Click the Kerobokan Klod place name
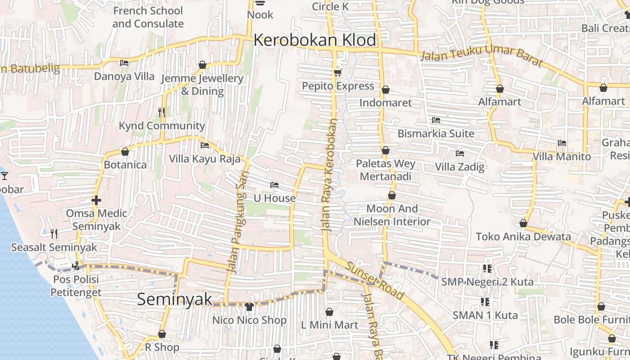pyautogui.click(x=315, y=40)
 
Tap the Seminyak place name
pyautogui.click(x=174, y=299)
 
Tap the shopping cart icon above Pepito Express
pyautogui.click(x=337, y=72)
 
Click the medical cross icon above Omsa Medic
pyautogui.click(x=96, y=200)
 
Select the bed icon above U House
pyautogui.click(x=274, y=185)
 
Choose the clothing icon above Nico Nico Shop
pyautogui.click(x=249, y=307)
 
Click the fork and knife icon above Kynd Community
pyautogui.click(x=162, y=112)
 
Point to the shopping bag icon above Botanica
pyautogui.click(x=125, y=152)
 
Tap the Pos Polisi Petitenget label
pyautogui.click(x=74, y=286)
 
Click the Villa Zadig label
pyautogui.click(x=459, y=167)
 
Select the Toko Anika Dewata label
pyautogui.click(x=523, y=236)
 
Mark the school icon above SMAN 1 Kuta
pyautogui.click(x=485, y=301)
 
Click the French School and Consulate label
pyautogui.click(x=148, y=17)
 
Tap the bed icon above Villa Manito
pyautogui.click(x=562, y=143)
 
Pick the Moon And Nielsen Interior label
pyautogui.click(x=392, y=215)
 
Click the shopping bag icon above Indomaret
pyautogui.click(x=386, y=90)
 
